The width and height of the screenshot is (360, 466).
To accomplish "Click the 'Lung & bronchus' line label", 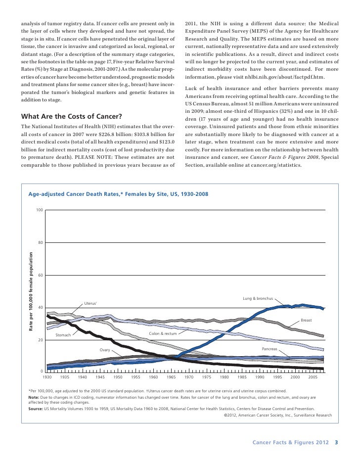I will coord(258,299).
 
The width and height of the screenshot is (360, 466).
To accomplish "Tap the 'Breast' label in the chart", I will coord(306,321).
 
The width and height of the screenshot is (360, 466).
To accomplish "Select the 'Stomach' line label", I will coord(63,335).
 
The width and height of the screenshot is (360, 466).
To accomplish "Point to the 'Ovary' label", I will coord(104,350).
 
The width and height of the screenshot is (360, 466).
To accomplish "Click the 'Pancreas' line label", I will coord(270,349).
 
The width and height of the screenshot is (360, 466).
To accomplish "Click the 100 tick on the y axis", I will coord(39,211).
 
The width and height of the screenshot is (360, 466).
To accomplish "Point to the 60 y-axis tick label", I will coord(40,275).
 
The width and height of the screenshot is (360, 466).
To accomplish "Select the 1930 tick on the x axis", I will coord(47,377).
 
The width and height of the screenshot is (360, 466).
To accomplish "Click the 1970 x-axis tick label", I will coord(189,377).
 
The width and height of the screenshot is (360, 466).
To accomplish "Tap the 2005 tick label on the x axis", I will coord(313,377).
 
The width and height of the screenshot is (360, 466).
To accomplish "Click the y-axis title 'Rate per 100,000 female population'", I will coord(30,291).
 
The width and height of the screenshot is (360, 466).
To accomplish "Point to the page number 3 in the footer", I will coord(336,442).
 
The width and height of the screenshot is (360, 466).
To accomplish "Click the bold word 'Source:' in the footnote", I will coord(35,409).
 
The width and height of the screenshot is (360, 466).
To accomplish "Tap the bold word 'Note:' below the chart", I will coord(33,397).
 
